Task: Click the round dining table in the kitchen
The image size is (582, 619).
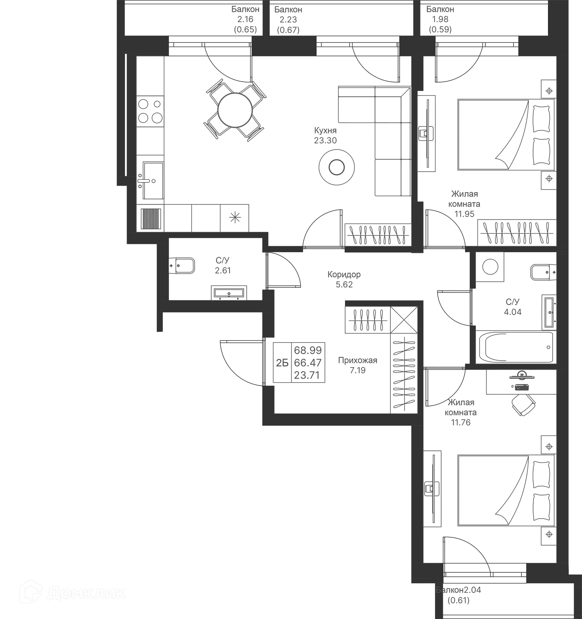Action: [235, 110]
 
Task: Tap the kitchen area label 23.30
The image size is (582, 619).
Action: [326, 140]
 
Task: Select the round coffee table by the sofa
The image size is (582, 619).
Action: [336, 167]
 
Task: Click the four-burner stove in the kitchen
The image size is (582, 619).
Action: [150, 111]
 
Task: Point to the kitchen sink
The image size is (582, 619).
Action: [153, 180]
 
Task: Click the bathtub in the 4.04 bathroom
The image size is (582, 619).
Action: [516, 347]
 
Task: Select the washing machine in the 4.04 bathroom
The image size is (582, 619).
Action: [490, 267]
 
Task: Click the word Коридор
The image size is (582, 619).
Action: [344, 275]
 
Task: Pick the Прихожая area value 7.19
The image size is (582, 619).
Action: [357, 370]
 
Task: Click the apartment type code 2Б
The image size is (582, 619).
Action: [282, 363]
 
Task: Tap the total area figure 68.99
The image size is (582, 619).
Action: [308, 350]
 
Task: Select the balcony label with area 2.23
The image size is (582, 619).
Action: [288, 20]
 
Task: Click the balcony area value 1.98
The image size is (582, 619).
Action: [440, 19]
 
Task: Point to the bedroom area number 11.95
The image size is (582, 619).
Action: [464, 214]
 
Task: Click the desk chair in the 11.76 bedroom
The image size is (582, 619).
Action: [523, 404]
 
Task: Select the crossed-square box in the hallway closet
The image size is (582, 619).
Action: [404, 320]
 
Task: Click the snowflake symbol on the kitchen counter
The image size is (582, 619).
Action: [235, 217]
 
